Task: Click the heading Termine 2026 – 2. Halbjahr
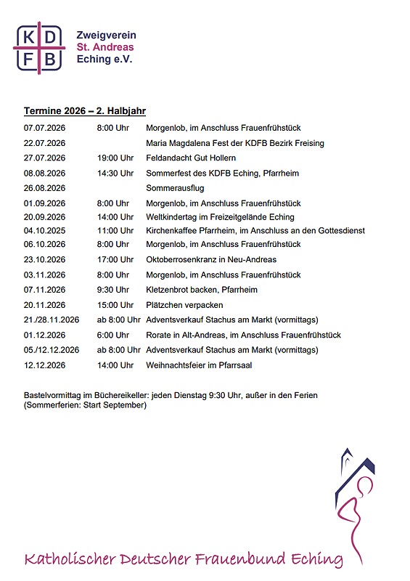[85, 111]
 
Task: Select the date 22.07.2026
[45, 143]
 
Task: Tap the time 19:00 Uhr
[115, 158]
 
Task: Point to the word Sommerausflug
[175, 188]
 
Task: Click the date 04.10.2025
[45, 231]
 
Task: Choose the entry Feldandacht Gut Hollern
[192, 158]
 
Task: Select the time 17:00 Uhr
[115, 259]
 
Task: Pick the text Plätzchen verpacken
[184, 305]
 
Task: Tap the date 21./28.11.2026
[49, 320]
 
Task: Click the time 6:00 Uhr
[113, 335]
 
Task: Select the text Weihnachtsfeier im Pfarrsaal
[199, 365]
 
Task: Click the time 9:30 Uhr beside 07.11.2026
[113, 290]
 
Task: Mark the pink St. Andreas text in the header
[105, 47]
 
